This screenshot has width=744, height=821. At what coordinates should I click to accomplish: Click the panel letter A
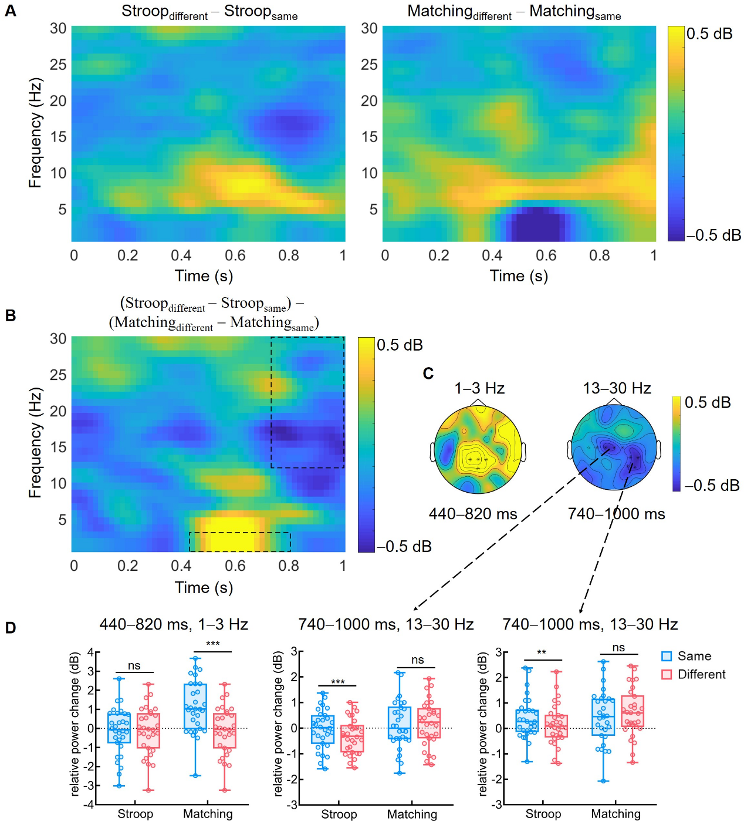(x=10, y=11)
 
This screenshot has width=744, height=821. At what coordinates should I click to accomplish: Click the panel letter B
(x=10, y=315)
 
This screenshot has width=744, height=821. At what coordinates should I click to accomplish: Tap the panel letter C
(x=428, y=374)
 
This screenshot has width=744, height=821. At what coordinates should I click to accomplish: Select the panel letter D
(x=10, y=628)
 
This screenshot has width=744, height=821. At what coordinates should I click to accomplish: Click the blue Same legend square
(x=667, y=657)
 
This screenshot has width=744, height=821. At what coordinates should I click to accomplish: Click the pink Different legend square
(x=667, y=674)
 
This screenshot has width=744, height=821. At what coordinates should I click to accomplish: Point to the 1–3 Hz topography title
(x=479, y=388)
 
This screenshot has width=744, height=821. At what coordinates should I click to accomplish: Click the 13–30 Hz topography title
(x=617, y=388)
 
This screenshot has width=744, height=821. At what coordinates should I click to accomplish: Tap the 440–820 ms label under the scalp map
(x=473, y=514)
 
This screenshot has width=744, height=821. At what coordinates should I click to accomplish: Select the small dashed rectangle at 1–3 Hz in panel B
(x=239, y=542)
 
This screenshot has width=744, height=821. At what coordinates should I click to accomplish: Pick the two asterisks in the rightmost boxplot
(x=542, y=652)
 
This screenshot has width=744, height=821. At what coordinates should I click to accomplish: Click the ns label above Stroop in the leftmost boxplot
(x=134, y=665)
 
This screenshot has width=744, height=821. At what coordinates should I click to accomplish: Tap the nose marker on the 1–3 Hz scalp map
(x=478, y=402)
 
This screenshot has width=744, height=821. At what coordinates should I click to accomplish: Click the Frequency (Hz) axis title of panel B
(x=35, y=443)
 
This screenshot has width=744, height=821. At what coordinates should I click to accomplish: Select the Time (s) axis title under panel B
(x=204, y=587)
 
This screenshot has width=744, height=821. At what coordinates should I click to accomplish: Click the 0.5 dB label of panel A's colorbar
(x=709, y=33)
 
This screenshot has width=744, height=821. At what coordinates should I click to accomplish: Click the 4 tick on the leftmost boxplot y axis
(x=90, y=652)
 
